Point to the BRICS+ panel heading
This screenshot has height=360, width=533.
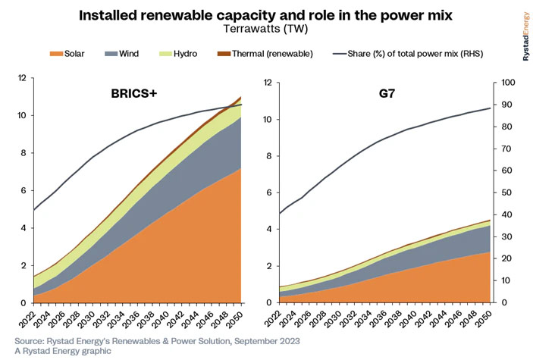coord(137,95)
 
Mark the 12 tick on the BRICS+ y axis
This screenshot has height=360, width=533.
coord(22,78)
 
